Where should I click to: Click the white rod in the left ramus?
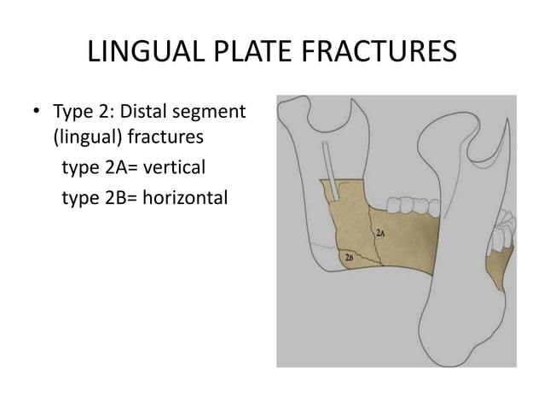(x=333, y=175)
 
